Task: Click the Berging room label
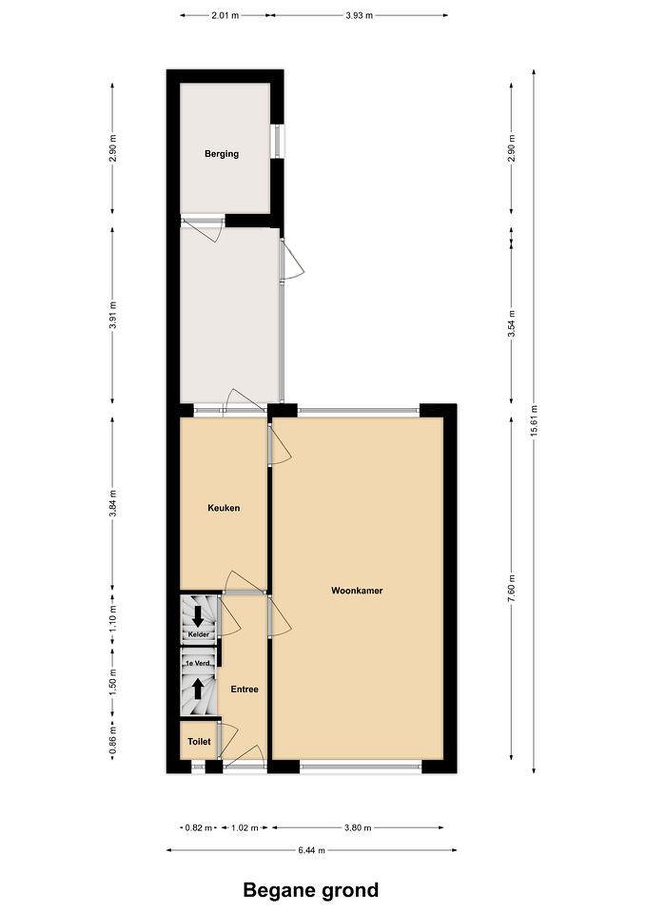point(222,154)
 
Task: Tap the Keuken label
point(224,508)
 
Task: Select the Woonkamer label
point(357,591)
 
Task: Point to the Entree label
point(244,689)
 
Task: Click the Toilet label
point(199,741)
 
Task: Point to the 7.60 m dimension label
point(512,588)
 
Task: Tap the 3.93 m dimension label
point(359,16)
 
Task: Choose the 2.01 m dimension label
point(225,16)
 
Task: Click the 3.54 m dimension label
point(512,323)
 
